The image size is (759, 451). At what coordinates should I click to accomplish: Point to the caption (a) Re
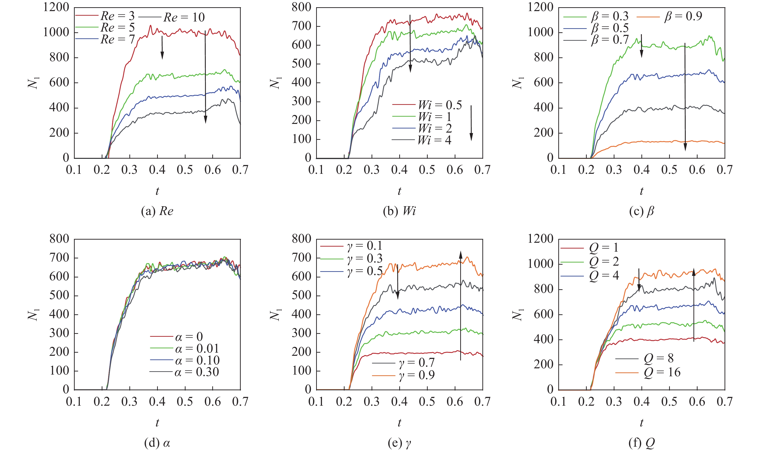[x=157, y=211]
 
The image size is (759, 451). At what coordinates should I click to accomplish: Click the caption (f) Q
[x=641, y=443]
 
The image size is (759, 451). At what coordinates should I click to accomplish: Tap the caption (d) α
[x=157, y=443]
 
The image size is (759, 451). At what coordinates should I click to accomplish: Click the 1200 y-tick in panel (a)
[x=56, y=7]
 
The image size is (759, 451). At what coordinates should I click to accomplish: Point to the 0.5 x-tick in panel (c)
[x=669, y=170]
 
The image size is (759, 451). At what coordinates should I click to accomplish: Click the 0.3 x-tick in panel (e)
[x=372, y=401]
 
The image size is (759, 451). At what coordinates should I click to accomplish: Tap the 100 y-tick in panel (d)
[x=59, y=371]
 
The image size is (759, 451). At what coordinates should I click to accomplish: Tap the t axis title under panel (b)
[x=399, y=191]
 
